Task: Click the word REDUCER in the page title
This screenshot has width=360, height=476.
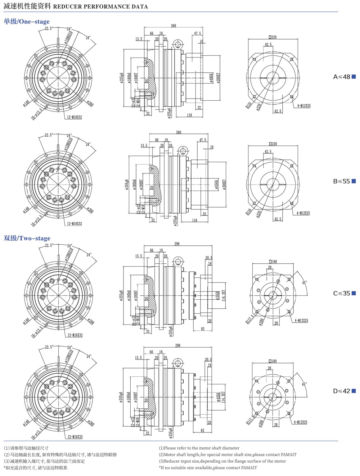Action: (x=68, y=6)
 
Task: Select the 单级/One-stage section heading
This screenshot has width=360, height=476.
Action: (x=27, y=22)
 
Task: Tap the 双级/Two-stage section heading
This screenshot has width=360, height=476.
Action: (x=27, y=238)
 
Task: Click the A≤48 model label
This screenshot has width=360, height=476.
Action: (x=342, y=77)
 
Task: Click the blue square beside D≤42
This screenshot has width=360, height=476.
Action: (x=354, y=391)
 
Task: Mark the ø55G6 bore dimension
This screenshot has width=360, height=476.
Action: (x=216, y=185)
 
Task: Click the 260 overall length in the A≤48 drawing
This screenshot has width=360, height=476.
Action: (x=174, y=26)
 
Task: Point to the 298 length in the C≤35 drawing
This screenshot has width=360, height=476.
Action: (x=177, y=244)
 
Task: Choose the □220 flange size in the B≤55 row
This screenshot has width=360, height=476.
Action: (x=273, y=144)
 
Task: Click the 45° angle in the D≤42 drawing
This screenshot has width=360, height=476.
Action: (x=304, y=384)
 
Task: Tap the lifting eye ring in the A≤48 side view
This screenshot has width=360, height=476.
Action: (x=177, y=45)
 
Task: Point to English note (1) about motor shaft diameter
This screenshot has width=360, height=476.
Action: (x=199, y=448)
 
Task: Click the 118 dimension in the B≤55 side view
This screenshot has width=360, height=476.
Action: (x=194, y=220)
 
